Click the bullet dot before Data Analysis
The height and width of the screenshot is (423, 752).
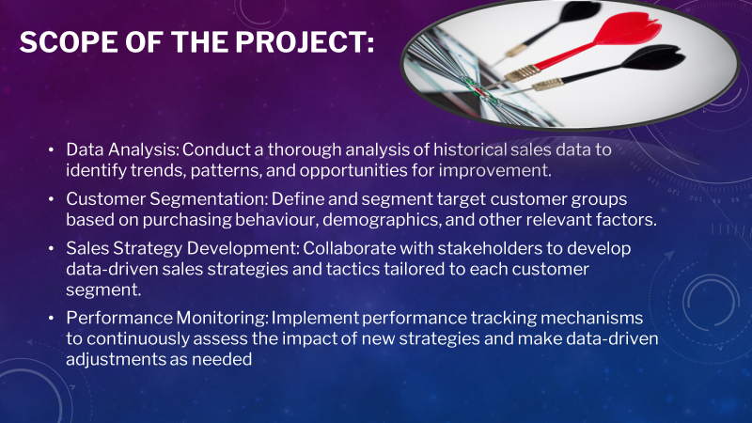click(x=51, y=151)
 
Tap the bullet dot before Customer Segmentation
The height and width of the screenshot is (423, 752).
click(x=51, y=202)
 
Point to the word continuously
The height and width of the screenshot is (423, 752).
click(x=132, y=339)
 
